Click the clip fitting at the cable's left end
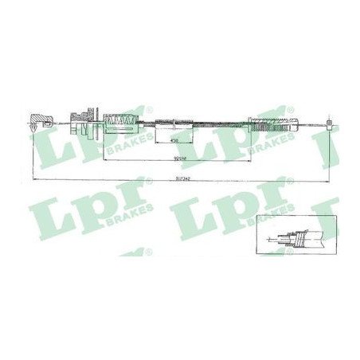point(37,121)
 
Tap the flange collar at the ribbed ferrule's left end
point(250,123)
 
